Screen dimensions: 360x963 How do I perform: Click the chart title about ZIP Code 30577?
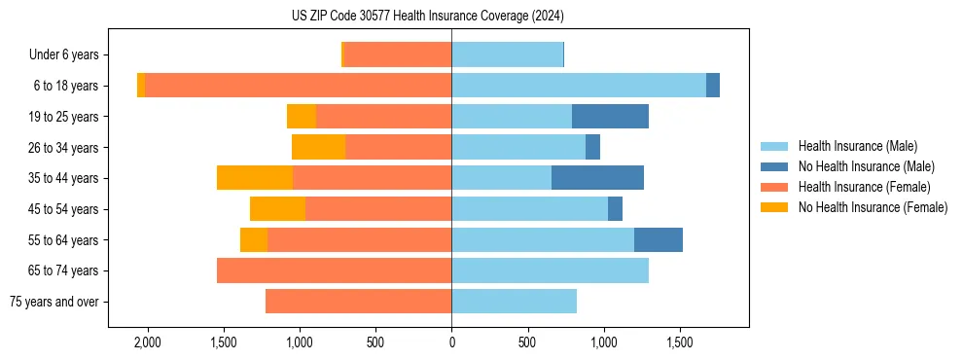pos(428,17)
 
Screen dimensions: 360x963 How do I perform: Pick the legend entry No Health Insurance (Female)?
pos(873,207)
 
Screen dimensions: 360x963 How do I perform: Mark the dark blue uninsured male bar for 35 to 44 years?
pos(597,178)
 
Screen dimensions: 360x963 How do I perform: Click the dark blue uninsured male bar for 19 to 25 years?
pos(610,117)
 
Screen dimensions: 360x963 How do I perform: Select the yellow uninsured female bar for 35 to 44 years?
pos(255,178)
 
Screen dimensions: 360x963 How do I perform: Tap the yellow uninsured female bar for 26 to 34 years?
pos(319,147)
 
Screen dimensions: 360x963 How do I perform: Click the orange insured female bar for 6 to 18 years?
pos(298,86)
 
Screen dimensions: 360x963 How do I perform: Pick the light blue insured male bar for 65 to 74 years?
pos(550,270)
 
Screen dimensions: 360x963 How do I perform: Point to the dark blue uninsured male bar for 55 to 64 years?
pos(659,239)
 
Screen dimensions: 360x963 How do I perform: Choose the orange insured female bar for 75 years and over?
pos(358,302)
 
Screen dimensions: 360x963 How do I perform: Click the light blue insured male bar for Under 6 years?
pos(507,55)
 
